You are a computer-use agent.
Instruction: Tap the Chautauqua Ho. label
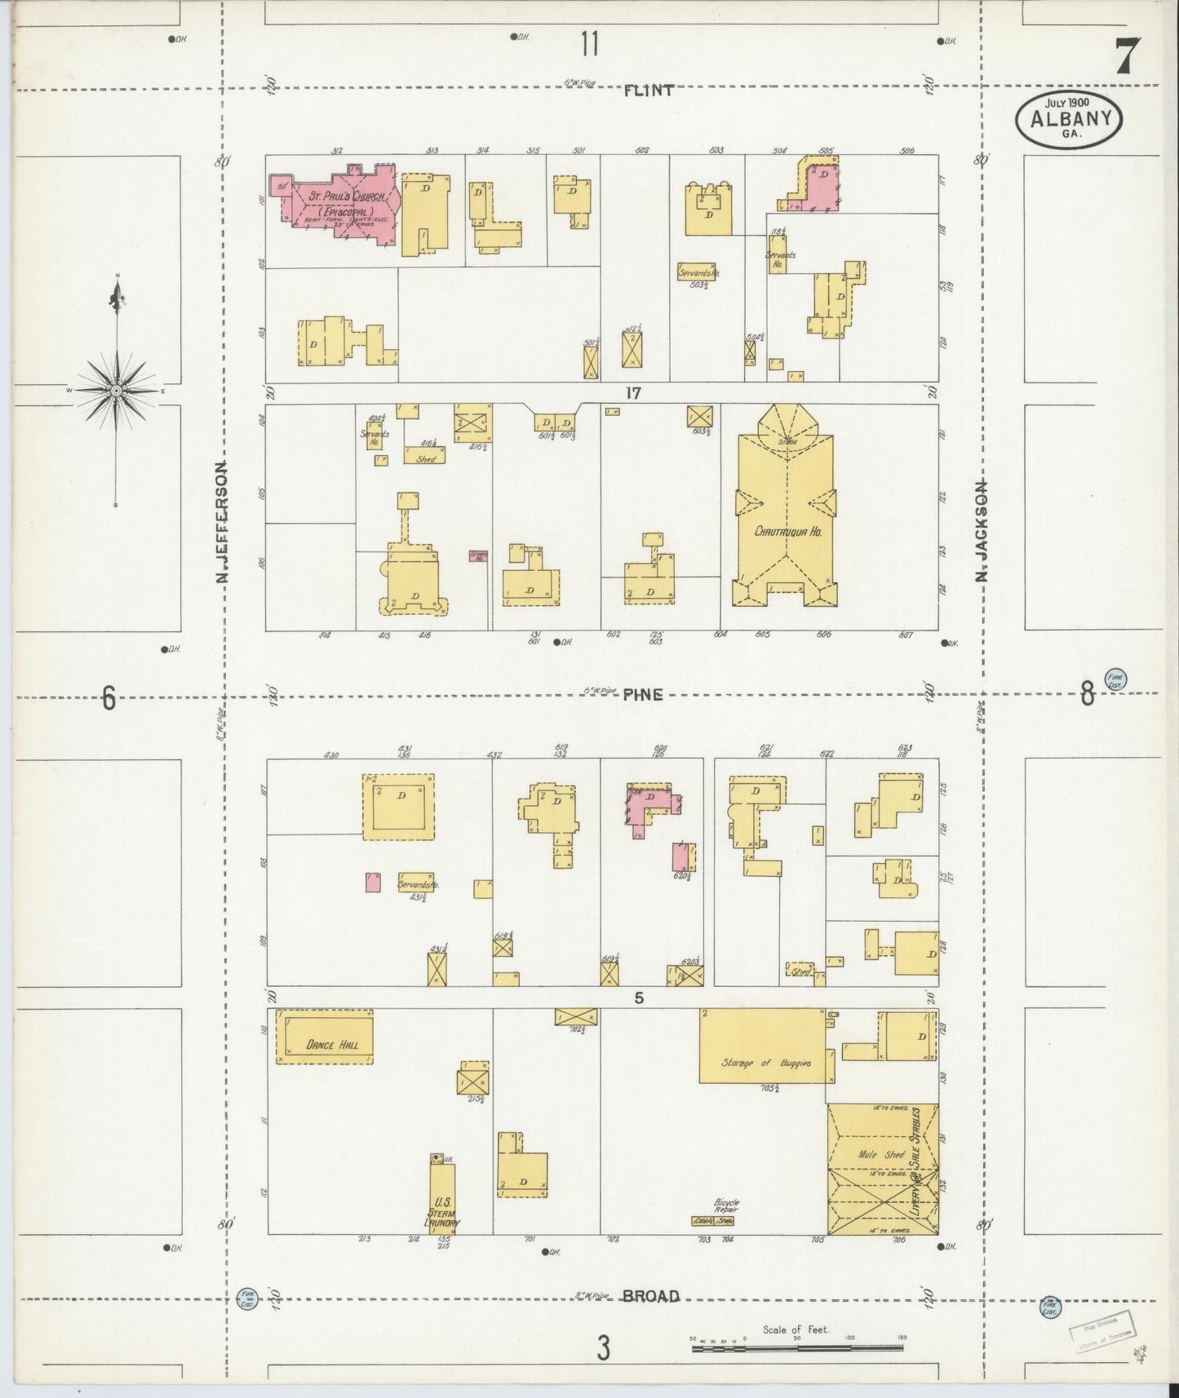point(787,531)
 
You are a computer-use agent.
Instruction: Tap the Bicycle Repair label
point(725,1206)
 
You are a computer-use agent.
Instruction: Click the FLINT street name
point(648,91)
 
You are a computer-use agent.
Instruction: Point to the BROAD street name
point(650,1296)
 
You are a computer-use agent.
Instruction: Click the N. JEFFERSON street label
point(220,522)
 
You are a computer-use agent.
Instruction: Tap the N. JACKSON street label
point(982,530)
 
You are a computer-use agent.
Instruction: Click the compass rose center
point(117,391)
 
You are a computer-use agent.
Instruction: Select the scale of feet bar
point(799,1349)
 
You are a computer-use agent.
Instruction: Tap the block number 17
point(633,393)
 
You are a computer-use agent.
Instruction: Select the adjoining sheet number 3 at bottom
point(602,1348)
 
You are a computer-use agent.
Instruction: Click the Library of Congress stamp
point(1102,1333)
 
